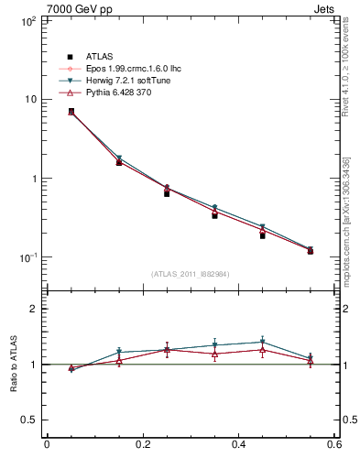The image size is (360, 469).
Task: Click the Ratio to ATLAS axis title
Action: [12, 365]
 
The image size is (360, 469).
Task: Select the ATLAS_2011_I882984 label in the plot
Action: [190, 274]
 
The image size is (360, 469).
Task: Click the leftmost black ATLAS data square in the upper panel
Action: [71, 112]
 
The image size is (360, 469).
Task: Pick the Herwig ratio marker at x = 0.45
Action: [262, 342]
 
